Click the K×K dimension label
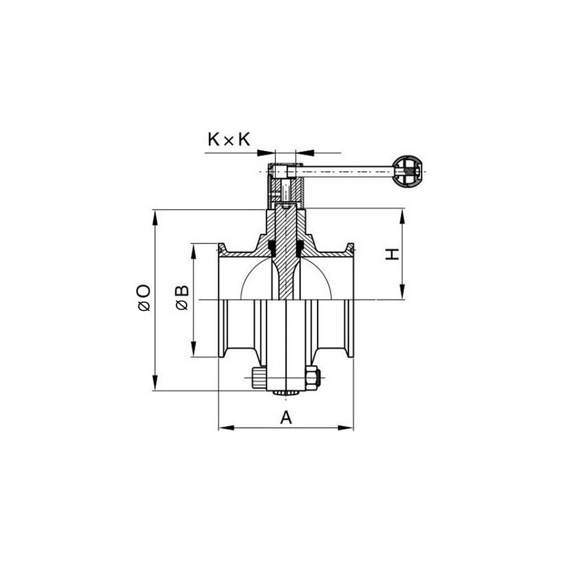pyautogui.click(x=229, y=139)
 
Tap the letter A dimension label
pyautogui.click(x=285, y=418)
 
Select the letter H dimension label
pyautogui.click(x=392, y=254)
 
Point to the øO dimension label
pyautogui.click(x=144, y=297)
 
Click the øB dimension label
pyautogui.click(x=182, y=297)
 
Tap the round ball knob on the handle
pyautogui.click(x=407, y=171)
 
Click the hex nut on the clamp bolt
pyautogui.click(x=312, y=378)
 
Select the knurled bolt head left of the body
pyautogui.click(x=259, y=378)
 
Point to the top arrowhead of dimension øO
pyautogui.click(x=155, y=217)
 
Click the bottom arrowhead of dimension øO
pyautogui.click(x=155, y=382)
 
